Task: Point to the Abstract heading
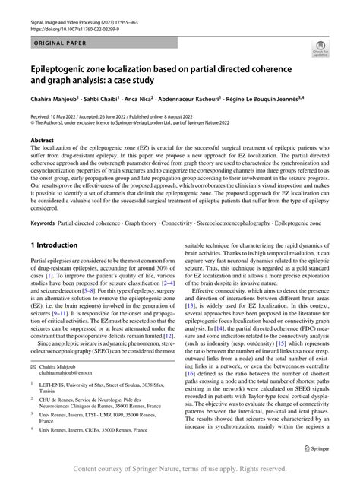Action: pyautogui.click(x=42, y=141)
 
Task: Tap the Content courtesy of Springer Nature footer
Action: pyautogui.click(x=180, y=469)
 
